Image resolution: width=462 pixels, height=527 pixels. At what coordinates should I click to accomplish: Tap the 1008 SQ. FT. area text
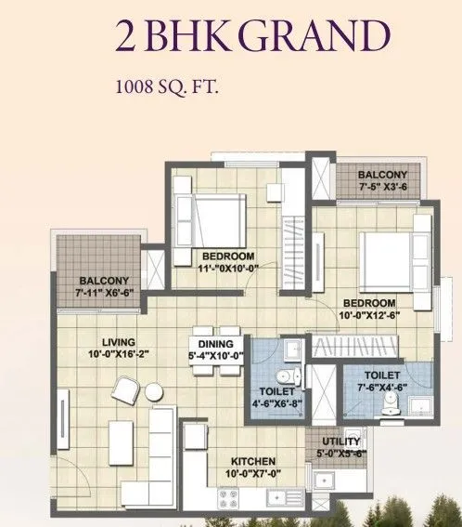coord(163,90)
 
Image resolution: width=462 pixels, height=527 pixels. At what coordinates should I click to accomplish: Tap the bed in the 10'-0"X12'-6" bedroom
coord(386,257)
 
